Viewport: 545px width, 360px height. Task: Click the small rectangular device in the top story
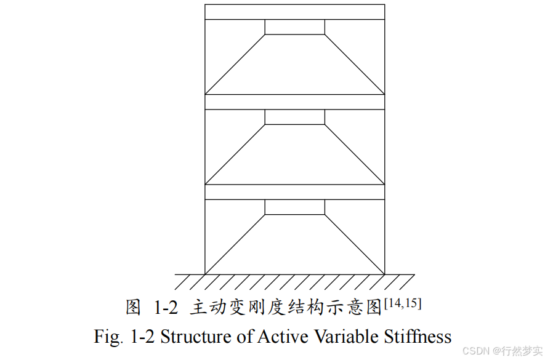click(x=294, y=27)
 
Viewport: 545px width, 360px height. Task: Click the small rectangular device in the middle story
click(x=294, y=117)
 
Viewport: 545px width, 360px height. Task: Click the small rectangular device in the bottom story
click(x=294, y=207)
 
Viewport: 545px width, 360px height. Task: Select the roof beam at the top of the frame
click(x=294, y=12)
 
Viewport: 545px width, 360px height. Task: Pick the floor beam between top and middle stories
click(x=294, y=102)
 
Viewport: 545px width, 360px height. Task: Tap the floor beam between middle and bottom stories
click(x=294, y=192)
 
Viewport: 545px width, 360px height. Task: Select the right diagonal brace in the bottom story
click(x=355, y=244)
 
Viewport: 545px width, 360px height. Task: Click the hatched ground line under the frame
click(x=294, y=281)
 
